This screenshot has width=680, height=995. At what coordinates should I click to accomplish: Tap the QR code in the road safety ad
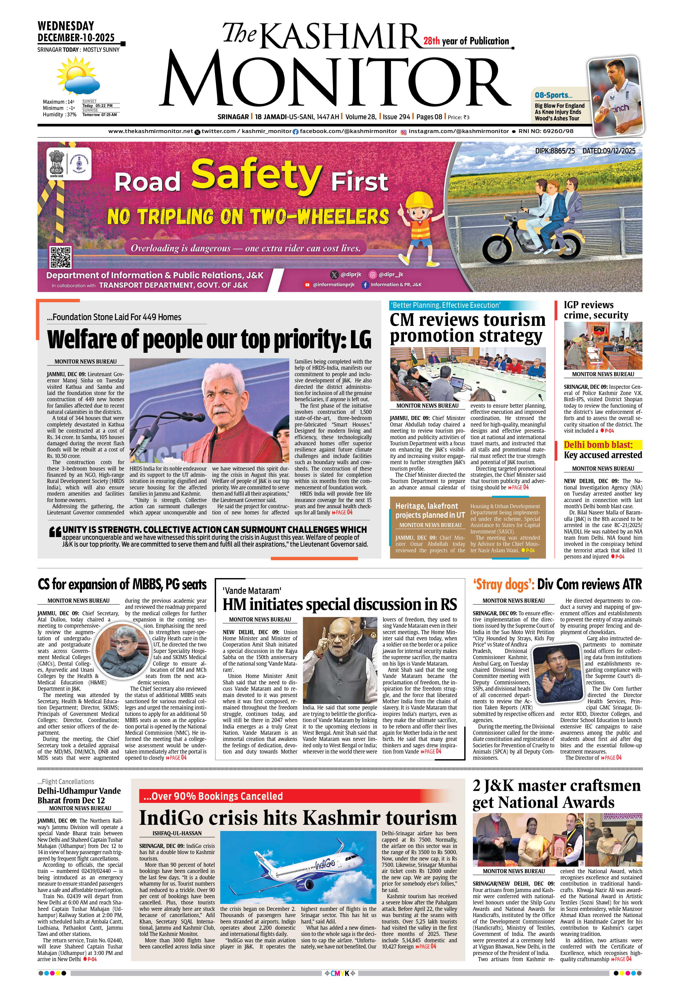(60, 257)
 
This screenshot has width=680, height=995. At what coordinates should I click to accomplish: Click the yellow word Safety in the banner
(256, 175)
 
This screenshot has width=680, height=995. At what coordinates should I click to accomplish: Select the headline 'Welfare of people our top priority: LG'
(209, 339)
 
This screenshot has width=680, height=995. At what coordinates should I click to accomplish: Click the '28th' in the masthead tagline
(431, 41)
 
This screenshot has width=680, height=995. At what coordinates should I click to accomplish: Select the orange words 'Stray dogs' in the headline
(503, 585)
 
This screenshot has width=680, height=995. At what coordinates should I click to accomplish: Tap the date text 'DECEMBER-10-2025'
(76, 38)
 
